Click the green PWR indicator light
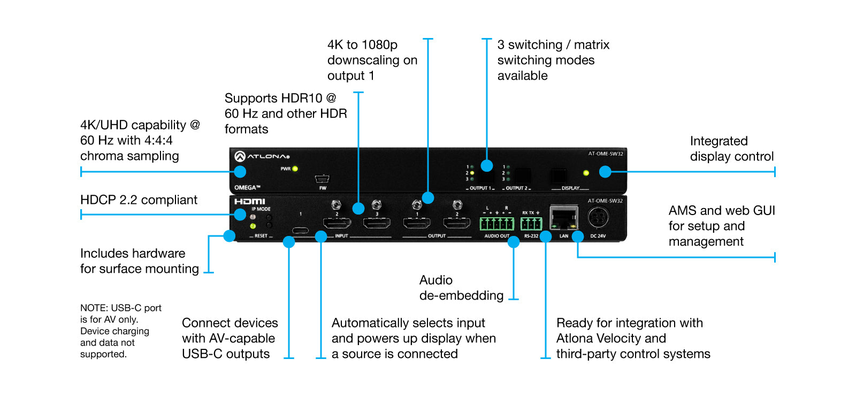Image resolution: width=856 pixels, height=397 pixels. [x=295, y=169]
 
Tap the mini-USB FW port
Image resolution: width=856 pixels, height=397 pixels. [x=322, y=179]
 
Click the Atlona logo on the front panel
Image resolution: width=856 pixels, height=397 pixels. [x=262, y=156]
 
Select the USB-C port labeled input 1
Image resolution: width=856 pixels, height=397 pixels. [x=301, y=230]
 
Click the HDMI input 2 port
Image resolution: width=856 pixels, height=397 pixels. [x=337, y=223]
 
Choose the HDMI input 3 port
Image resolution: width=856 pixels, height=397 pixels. [x=377, y=223]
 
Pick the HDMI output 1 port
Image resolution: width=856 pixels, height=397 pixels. [x=417, y=223]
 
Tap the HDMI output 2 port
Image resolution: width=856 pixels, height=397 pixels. [x=457, y=223]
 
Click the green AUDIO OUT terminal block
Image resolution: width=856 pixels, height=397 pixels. [x=496, y=224]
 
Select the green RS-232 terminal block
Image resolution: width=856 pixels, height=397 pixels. [x=531, y=224]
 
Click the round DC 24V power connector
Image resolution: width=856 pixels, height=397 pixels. [x=598, y=218]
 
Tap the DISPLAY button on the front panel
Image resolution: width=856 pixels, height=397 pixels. [x=559, y=175]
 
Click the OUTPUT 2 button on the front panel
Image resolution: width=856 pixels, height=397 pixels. [x=523, y=175]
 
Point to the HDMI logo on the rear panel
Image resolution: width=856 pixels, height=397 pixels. [x=249, y=201]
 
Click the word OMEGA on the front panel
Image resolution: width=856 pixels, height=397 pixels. [x=247, y=187]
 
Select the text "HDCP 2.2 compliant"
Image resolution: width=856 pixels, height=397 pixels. [x=139, y=200]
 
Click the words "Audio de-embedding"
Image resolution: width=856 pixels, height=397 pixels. [x=461, y=288]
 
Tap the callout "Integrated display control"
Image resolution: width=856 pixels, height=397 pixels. [x=731, y=149]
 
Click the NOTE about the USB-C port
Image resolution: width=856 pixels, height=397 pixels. [x=120, y=331]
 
